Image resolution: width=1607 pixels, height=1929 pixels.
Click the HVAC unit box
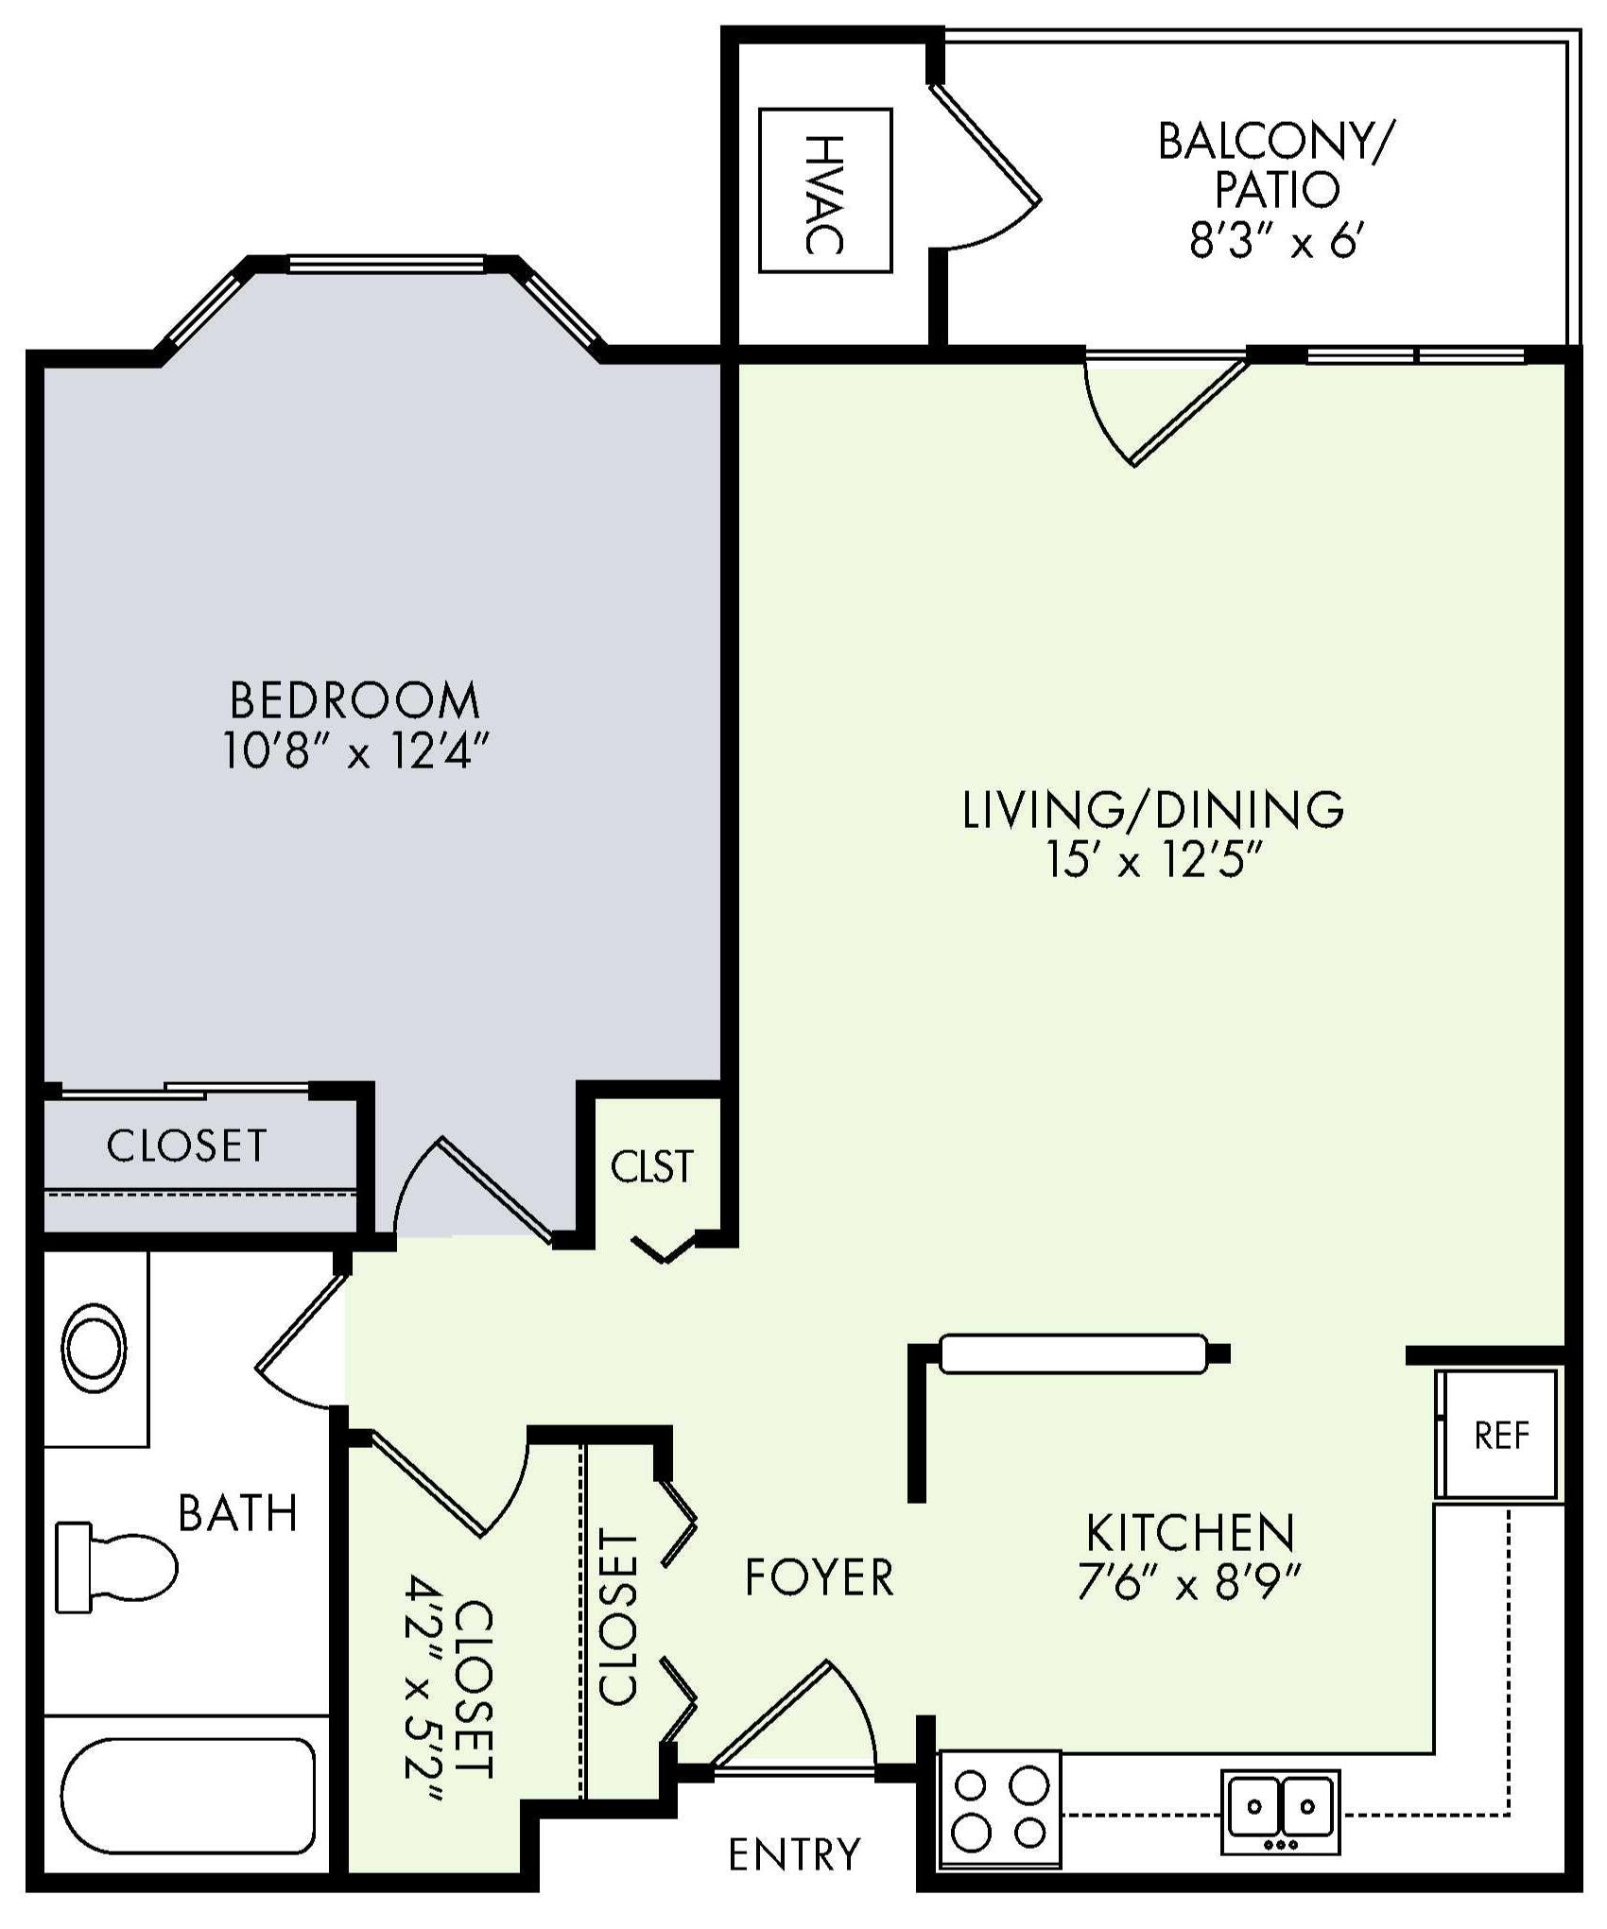(x=825, y=191)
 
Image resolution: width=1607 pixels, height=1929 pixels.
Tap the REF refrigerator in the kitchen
(x=1496, y=1434)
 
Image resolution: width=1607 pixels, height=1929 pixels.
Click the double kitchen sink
(x=1281, y=1813)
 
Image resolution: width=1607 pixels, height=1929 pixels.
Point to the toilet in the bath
(x=116, y=1567)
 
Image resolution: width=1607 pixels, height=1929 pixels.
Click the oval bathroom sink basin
(x=94, y=1349)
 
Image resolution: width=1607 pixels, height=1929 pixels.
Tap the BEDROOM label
(x=355, y=701)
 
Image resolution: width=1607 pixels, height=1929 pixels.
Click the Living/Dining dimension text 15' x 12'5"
(x=1154, y=861)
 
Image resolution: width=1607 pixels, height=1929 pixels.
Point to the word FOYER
(x=819, y=1577)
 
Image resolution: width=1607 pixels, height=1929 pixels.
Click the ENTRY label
(x=795, y=1854)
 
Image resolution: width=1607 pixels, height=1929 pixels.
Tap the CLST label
(x=652, y=1166)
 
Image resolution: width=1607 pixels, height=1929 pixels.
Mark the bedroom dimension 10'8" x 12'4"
(x=356, y=753)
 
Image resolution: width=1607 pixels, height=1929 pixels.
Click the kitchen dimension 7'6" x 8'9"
(x=1190, y=1582)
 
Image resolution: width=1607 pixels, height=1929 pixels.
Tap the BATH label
(x=238, y=1513)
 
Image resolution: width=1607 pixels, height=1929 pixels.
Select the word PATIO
(x=1277, y=190)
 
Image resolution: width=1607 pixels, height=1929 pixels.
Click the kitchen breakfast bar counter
(x=1074, y=1353)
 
